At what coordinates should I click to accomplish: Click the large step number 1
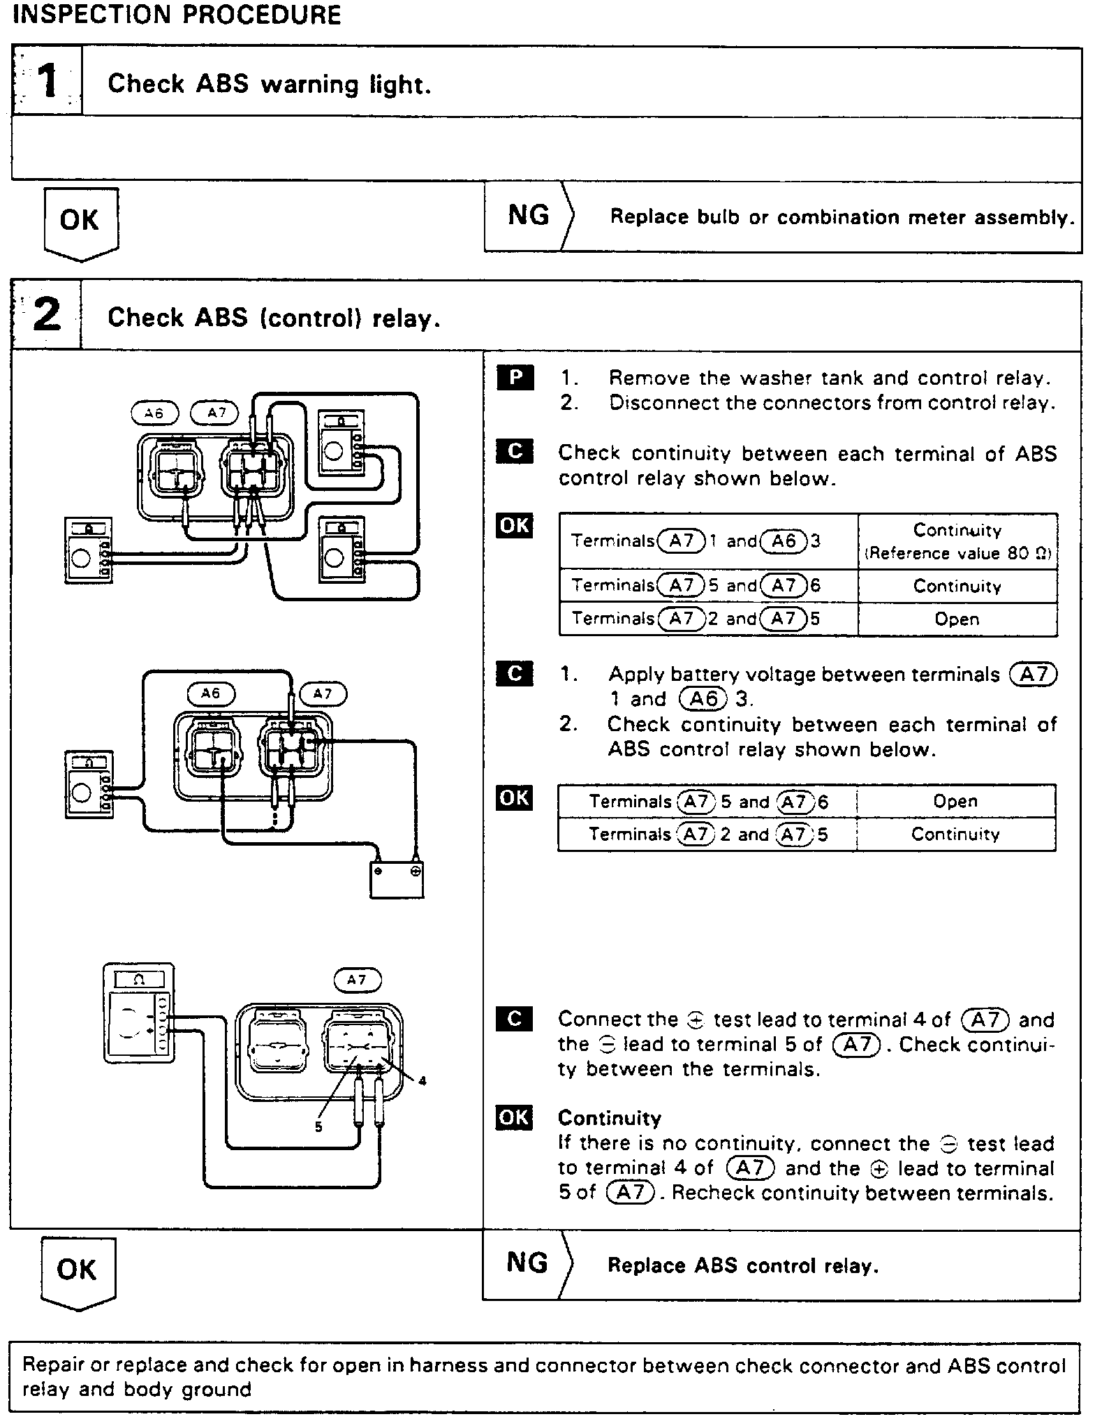click(x=47, y=82)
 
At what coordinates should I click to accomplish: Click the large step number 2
click(x=47, y=315)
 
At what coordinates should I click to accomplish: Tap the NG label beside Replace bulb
click(x=529, y=216)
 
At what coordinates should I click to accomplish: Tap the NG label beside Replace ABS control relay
click(x=527, y=1263)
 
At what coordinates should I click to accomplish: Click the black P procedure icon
click(x=515, y=377)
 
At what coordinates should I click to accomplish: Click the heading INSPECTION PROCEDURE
click(x=177, y=15)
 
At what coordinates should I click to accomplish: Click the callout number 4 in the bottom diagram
click(x=422, y=1082)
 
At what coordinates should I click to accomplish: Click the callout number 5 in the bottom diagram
click(x=318, y=1127)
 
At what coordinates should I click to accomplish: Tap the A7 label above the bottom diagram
click(x=357, y=980)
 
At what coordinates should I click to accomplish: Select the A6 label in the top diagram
click(x=154, y=413)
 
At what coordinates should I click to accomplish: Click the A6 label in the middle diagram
click(x=211, y=693)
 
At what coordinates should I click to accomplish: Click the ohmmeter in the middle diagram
click(x=88, y=784)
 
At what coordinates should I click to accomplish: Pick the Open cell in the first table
click(x=957, y=619)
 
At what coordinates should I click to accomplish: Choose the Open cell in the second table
click(x=955, y=801)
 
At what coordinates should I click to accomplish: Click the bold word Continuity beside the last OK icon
click(x=609, y=1119)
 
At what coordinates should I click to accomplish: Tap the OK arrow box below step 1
click(x=80, y=222)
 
